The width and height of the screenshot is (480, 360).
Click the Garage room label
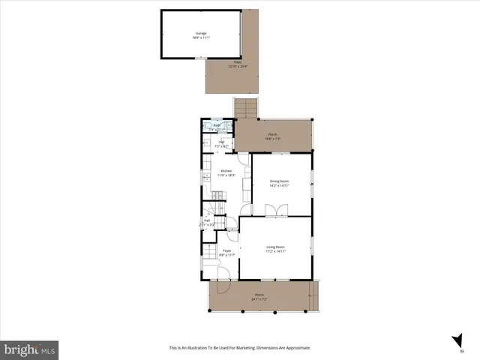(x=201, y=33)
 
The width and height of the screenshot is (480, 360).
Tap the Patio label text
(x=238, y=62)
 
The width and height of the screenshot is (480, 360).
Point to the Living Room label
(x=275, y=247)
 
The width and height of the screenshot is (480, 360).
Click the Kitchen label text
(x=226, y=171)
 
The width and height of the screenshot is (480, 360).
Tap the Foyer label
(x=226, y=251)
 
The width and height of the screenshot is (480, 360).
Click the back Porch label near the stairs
(x=273, y=135)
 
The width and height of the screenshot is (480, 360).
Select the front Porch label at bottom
(x=259, y=295)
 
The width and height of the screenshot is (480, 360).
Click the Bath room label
(x=215, y=126)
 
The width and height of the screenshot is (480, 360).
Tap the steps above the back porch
(x=245, y=109)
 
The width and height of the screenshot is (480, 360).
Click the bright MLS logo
(x=30, y=349)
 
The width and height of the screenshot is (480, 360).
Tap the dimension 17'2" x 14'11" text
(x=275, y=252)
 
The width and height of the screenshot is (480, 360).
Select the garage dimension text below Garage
(x=201, y=38)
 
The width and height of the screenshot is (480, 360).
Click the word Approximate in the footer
(x=295, y=348)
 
